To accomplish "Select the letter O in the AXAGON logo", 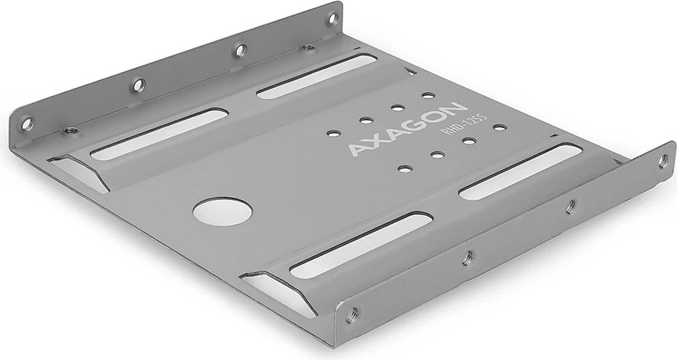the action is click(435, 116).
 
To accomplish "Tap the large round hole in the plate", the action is click(223, 212).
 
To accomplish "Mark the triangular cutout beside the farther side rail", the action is click(80, 172).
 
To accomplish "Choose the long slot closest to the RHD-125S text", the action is click(521, 172).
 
